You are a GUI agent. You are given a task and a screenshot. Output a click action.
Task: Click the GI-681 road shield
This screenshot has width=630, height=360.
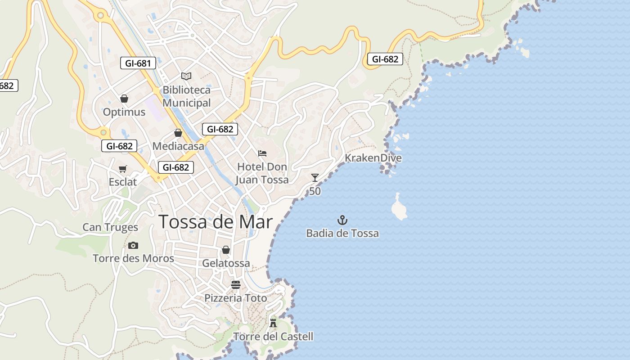[x=138, y=63]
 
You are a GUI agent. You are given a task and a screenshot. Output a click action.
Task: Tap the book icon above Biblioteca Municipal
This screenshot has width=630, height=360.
[x=186, y=76]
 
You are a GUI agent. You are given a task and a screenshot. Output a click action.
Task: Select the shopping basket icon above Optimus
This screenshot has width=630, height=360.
[x=124, y=99]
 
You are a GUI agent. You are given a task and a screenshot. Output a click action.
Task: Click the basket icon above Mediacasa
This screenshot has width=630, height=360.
[x=178, y=133]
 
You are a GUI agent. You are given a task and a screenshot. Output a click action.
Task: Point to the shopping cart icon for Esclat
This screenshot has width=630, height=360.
[x=122, y=169]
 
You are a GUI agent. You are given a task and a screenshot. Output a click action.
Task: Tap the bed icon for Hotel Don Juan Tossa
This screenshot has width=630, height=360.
[x=262, y=153]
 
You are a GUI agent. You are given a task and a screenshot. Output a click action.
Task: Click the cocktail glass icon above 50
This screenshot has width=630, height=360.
[x=315, y=178]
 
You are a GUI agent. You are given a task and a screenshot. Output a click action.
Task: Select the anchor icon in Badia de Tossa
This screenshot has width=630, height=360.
[x=342, y=220]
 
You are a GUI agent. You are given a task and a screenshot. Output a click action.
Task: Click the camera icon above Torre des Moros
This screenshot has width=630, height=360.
[x=133, y=245]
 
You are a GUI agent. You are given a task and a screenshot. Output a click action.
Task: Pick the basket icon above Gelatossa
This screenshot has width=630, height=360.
[x=226, y=250]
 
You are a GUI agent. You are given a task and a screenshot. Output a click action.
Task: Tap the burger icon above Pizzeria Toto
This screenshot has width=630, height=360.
[x=236, y=285]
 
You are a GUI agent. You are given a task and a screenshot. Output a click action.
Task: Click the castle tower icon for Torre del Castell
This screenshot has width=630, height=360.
[x=273, y=323]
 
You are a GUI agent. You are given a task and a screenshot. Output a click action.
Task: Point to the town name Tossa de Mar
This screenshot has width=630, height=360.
[x=216, y=222]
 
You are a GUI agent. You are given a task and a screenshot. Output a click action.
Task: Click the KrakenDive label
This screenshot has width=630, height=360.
[x=373, y=158]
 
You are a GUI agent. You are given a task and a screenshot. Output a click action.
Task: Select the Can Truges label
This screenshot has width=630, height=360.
[x=110, y=227]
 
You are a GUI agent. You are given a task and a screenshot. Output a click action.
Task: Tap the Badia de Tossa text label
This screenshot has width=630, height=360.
[x=342, y=234]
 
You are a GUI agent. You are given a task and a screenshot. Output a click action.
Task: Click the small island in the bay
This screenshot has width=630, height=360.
[x=399, y=208]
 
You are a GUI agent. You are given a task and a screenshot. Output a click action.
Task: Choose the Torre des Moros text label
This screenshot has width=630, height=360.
[x=133, y=258]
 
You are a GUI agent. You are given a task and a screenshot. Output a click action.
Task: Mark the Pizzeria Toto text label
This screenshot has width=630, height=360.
[x=236, y=298]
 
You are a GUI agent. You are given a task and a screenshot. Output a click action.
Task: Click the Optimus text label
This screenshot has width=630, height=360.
[x=124, y=112]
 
